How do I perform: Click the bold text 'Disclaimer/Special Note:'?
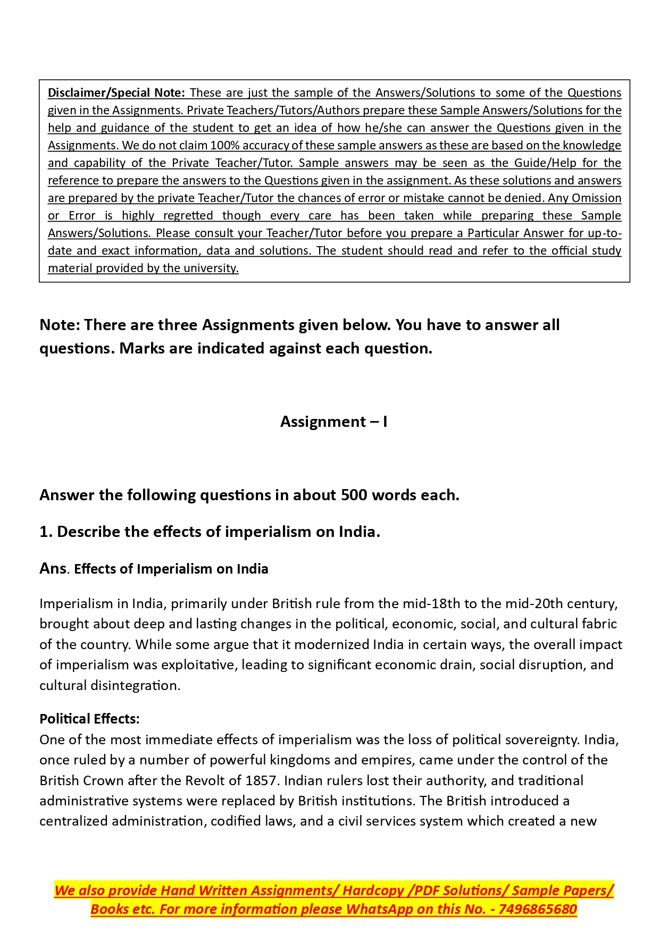pos(116,93)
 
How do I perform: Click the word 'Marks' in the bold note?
pos(140,348)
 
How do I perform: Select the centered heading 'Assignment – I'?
pos(333,422)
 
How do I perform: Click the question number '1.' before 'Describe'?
pos(46,532)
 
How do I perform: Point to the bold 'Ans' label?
pos(53,568)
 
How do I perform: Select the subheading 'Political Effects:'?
pos(89,719)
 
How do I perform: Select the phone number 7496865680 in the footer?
pos(538,909)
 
